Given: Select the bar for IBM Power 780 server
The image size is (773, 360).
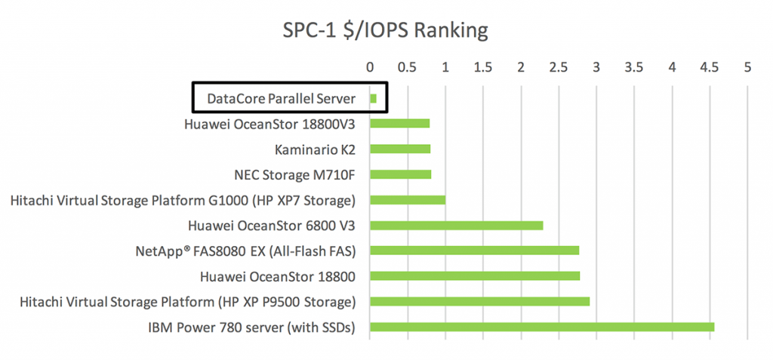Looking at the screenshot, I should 541,327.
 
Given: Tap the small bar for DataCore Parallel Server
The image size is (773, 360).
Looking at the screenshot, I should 373,98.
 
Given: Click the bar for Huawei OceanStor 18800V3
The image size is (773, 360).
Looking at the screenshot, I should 399,124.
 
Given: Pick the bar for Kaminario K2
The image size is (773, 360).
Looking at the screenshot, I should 399,149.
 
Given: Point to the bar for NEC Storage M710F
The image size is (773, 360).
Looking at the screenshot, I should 400,174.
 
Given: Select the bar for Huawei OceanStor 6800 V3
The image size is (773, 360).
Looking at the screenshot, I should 456,225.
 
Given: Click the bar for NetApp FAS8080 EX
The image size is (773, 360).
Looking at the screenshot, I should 474,251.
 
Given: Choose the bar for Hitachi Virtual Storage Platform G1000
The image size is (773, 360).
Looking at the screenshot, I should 407,200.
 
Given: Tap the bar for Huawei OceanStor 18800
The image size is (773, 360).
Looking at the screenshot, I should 474,276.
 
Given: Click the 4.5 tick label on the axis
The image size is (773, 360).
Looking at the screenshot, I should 710,67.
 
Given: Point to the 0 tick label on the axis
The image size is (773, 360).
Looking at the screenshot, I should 370,67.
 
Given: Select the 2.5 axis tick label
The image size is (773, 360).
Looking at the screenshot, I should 559,67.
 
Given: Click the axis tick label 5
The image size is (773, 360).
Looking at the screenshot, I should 747,67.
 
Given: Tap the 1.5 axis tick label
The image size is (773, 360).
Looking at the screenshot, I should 483,67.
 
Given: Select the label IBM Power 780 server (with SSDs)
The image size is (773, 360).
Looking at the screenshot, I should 253,328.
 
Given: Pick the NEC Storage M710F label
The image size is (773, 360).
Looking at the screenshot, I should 295,175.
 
